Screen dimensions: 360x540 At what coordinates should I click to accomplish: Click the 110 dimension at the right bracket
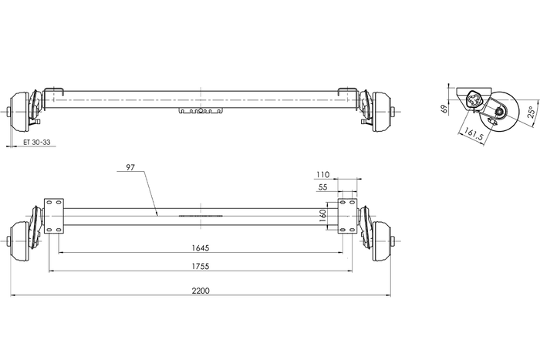(x=322, y=175)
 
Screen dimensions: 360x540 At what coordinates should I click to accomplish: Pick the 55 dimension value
(x=322, y=187)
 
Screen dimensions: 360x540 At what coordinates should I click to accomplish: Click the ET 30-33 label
(x=36, y=143)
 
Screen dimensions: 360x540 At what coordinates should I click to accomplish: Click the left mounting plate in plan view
(x=54, y=216)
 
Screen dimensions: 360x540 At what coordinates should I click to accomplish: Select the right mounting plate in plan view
(x=348, y=215)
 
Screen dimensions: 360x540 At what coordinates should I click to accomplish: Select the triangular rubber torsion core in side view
(x=473, y=101)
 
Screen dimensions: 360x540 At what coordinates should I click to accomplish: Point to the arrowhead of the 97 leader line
(x=157, y=214)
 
